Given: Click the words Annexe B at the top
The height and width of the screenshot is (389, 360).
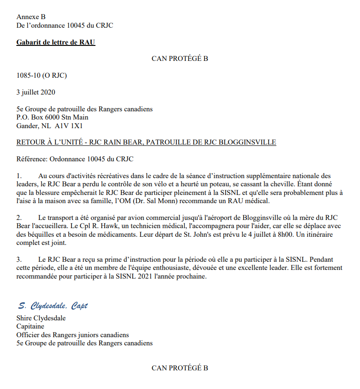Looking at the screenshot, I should pos(31,17).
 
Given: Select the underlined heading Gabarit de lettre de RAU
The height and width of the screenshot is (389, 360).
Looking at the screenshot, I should pos(56,43).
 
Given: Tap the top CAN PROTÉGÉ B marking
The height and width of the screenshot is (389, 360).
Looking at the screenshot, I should pos(180,59).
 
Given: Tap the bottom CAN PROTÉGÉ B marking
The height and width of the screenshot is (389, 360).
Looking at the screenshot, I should pos(180,368).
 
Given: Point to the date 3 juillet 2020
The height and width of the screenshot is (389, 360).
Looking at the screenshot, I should pos(36,92).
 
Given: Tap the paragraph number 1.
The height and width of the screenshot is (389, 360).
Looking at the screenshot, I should pos(19,175).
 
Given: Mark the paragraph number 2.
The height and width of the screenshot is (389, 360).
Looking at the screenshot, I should pos(19,217).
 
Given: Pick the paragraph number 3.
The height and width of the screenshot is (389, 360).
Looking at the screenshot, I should pos(19,259).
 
